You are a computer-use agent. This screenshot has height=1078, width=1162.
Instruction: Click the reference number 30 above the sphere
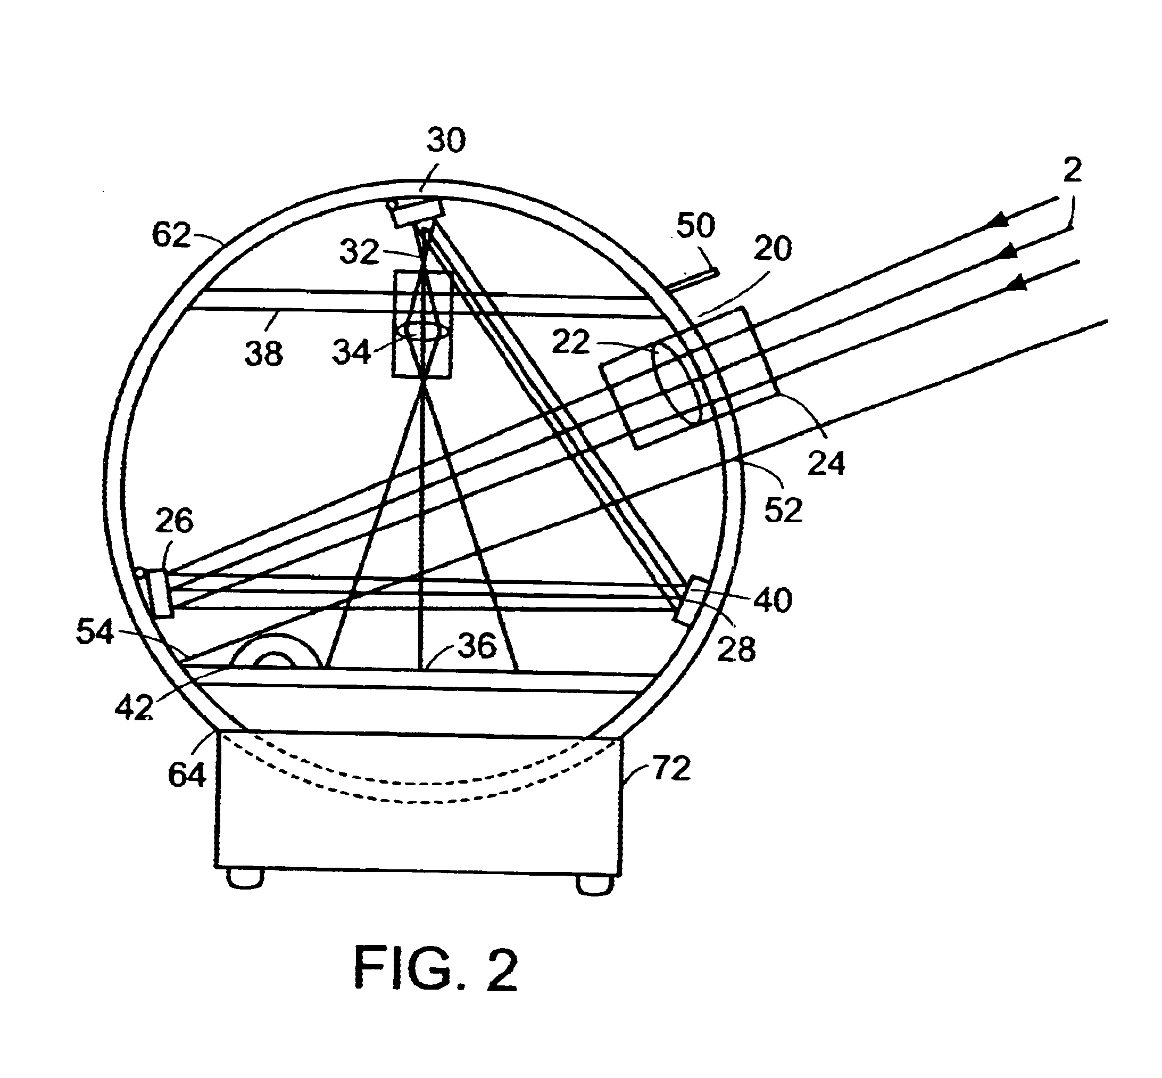click(446, 141)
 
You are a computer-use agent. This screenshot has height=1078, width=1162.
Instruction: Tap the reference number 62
click(171, 236)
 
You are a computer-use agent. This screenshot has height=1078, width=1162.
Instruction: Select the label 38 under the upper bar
click(263, 354)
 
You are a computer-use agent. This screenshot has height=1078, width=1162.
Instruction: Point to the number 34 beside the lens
click(352, 352)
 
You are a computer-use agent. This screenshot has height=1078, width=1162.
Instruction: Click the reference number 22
click(571, 342)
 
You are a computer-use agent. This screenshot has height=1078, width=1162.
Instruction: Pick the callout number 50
click(695, 225)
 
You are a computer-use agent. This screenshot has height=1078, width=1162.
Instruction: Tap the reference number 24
click(826, 464)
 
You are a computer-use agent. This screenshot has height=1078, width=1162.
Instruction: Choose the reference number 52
click(783, 510)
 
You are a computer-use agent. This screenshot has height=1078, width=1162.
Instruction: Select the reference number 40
click(773, 599)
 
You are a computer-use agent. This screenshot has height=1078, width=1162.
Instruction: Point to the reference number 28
click(736, 649)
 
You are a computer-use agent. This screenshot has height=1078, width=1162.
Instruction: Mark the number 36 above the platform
click(477, 646)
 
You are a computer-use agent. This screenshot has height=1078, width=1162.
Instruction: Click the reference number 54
click(95, 632)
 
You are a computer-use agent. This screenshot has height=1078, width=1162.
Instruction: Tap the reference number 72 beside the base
click(671, 768)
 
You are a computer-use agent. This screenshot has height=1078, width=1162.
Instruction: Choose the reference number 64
click(187, 775)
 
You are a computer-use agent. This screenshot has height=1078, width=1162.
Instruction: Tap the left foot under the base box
click(245, 878)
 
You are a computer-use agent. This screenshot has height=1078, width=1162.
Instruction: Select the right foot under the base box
click(595, 884)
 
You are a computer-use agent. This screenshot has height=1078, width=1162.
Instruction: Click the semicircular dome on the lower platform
click(276, 652)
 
